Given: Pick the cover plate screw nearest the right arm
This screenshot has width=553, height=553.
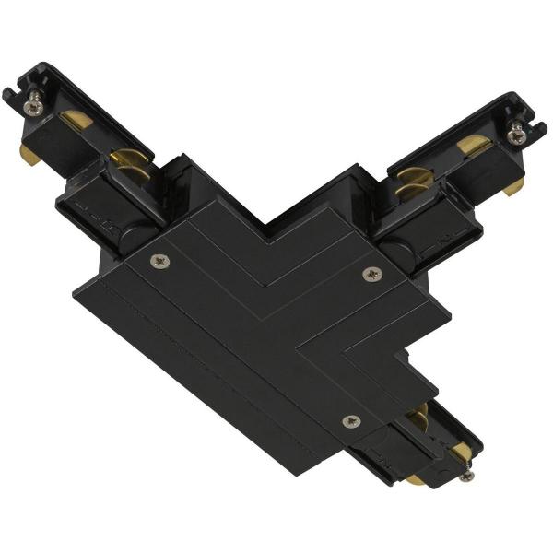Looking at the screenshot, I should [371, 274].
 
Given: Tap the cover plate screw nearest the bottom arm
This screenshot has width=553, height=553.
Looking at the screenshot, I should [349, 420].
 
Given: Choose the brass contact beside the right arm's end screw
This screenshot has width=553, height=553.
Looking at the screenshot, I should [474, 144].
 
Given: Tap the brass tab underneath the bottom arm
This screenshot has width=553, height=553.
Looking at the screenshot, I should [417, 479].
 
